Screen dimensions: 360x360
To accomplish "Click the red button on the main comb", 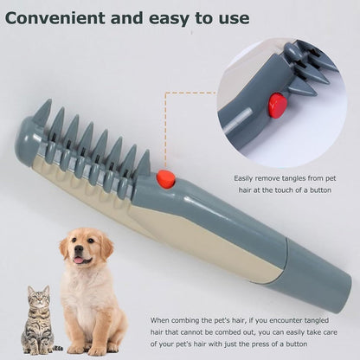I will coord(165,179).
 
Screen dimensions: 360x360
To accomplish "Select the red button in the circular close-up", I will coord(277,106).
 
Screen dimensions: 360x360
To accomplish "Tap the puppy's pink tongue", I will coord(80,260).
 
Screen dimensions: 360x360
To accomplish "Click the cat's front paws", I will coord(35,349).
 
